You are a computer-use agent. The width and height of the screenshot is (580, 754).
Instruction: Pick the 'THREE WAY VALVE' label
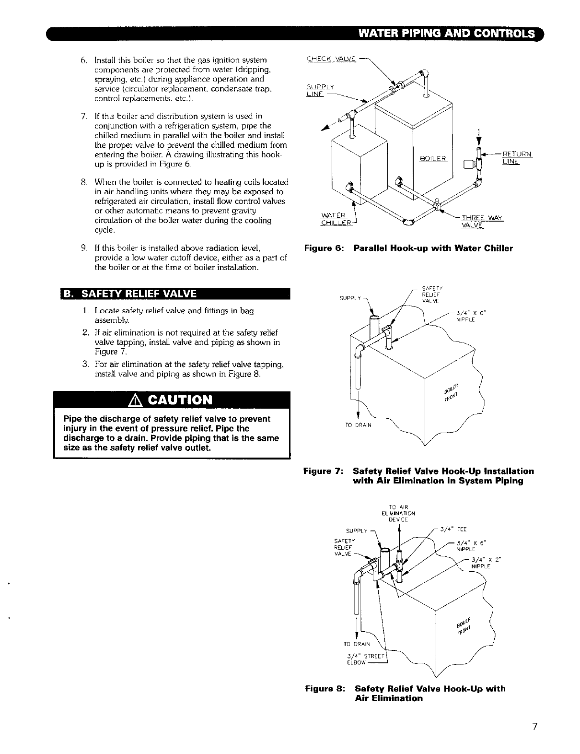481,221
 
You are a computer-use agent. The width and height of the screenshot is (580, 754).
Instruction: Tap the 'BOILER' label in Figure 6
433,159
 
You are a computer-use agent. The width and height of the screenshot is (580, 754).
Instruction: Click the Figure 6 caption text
408,248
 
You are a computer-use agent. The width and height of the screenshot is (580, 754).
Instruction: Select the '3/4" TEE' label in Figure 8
453,530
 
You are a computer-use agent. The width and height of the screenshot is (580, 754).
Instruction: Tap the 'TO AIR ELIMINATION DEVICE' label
398,513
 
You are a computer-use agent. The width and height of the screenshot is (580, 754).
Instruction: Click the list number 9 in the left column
83,248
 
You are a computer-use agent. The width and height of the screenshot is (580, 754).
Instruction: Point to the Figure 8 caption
406,694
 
